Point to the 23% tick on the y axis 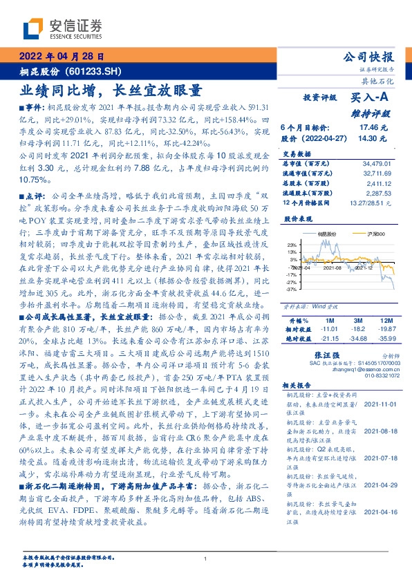click(x=292, y=245)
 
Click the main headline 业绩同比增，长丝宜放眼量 click(x=111, y=90)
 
